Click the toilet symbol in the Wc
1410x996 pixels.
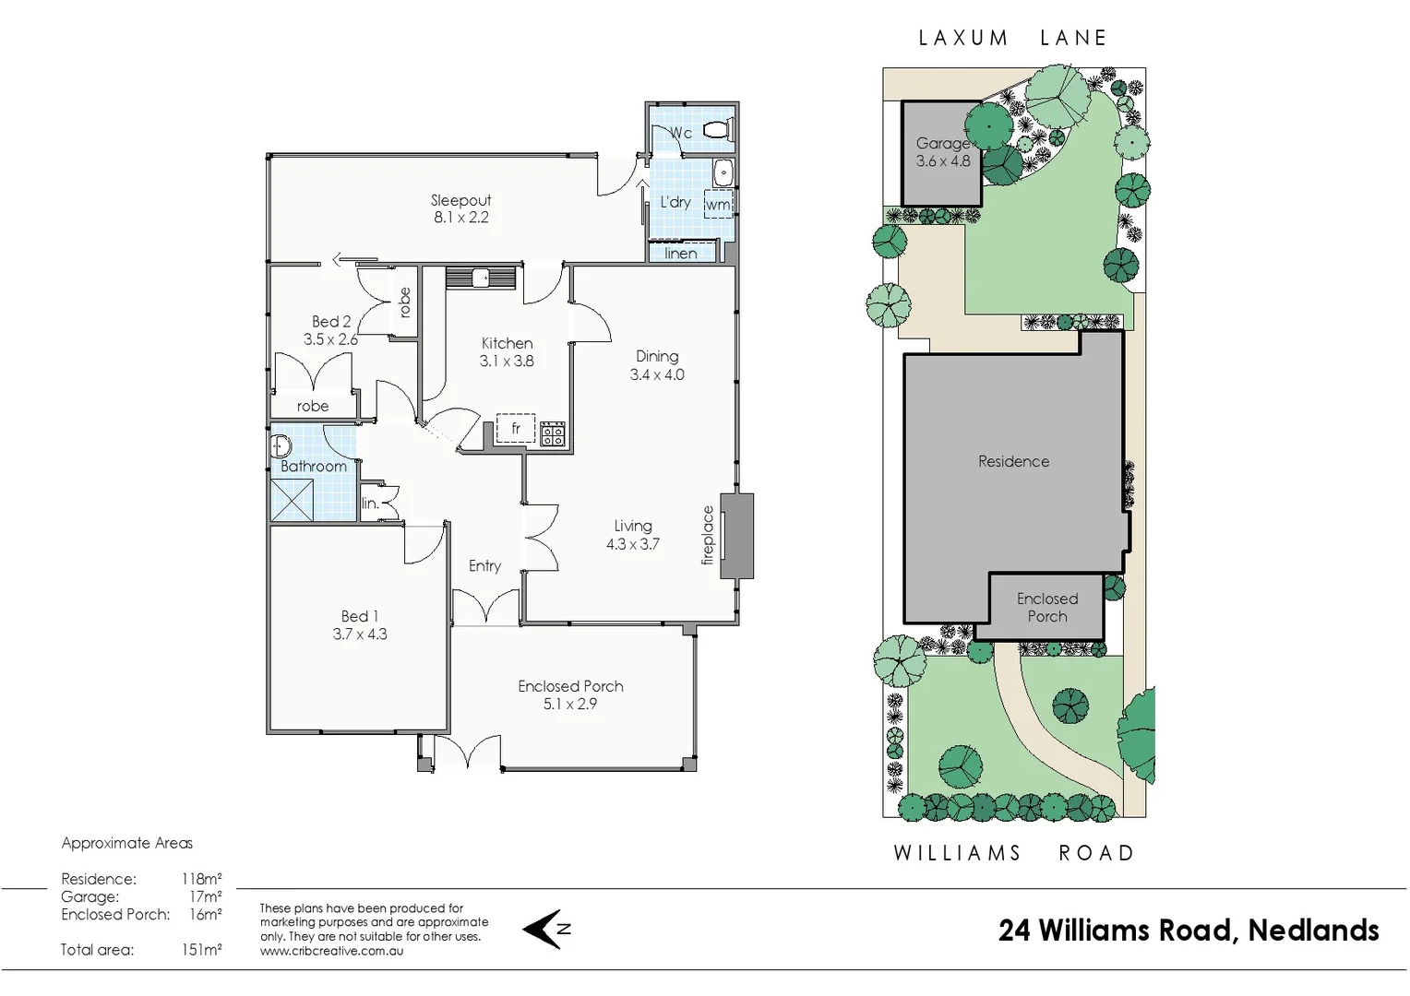715,130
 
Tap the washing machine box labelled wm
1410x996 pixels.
718,205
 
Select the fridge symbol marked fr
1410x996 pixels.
516,429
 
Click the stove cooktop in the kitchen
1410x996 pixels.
553,433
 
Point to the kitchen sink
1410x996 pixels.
480,277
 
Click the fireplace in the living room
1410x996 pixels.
736,537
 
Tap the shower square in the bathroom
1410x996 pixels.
293,499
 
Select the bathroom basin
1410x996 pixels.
281,447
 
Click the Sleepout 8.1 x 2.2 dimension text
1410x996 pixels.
460,218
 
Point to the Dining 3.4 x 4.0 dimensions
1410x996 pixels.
657,374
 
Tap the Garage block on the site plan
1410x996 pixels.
941,153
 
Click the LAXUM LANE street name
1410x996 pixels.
1012,38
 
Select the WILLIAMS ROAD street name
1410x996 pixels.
1013,853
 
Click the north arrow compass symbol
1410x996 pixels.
546,929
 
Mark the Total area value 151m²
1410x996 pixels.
201,949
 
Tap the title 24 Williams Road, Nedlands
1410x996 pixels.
1188,930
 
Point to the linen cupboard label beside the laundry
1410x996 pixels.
681,254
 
